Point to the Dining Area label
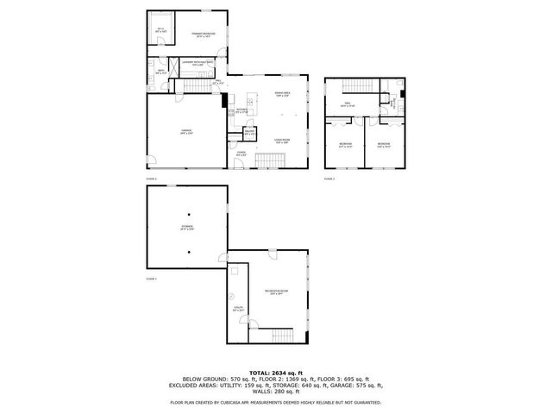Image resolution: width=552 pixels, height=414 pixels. coord(281,95)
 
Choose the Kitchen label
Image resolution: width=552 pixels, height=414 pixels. coord(242,110)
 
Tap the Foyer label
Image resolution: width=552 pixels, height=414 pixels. coord(241,153)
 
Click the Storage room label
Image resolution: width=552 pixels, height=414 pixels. coord(186,228)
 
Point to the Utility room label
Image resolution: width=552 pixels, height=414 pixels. coord(237,308)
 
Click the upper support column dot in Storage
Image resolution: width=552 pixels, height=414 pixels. coord(187,213)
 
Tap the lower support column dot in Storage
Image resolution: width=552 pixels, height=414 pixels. coord(187,252)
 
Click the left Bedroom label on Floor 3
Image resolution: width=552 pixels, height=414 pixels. coord(345,144)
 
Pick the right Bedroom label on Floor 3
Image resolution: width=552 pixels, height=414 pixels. coord(383,144)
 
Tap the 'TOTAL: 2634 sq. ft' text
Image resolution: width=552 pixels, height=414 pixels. coord(276,371)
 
